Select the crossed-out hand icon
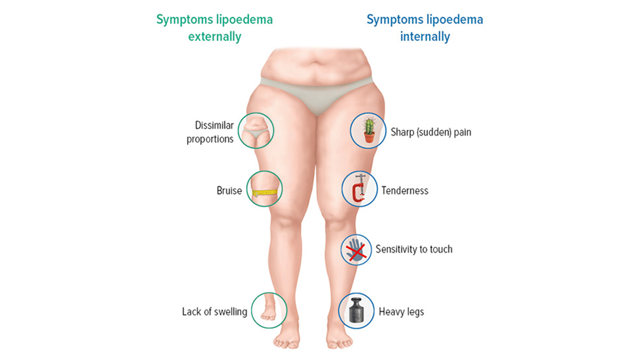pos(356,250)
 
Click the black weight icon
pos(356,310)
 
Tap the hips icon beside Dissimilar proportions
pos(256,130)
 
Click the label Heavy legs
pos(401,312)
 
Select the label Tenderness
pos(405,190)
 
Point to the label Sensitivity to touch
pos(414,249)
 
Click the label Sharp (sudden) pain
pos(431,132)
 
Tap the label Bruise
pos(229,190)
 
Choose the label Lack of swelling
pos(215,312)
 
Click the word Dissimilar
pos(214,125)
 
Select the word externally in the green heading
pos(215,37)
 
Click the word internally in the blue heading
pos(425,37)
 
